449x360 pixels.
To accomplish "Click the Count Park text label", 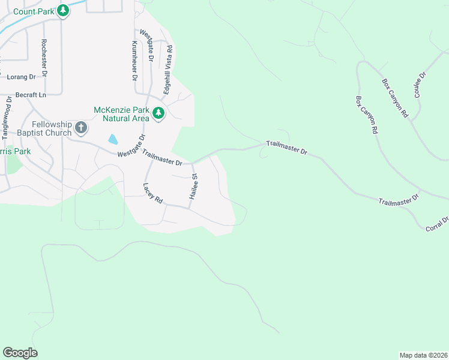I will [x=33, y=11].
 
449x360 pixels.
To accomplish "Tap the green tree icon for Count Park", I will [x=62, y=11].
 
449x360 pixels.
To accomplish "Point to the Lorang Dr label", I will [x=22, y=77].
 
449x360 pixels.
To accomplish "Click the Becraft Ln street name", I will [x=31, y=95].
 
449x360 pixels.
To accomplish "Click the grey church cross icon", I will [x=81, y=128].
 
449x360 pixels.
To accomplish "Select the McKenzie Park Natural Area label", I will [x=121, y=114].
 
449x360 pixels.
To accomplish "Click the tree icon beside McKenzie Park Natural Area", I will [x=158, y=113].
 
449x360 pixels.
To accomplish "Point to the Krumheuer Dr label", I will [x=134, y=61].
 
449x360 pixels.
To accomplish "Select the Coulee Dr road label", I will [x=419, y=85].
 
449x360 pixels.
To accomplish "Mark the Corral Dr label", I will [x=437, y=225].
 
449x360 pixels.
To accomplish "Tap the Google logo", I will [x=20, y=353].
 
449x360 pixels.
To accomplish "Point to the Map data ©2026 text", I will [x=423, y=355].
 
